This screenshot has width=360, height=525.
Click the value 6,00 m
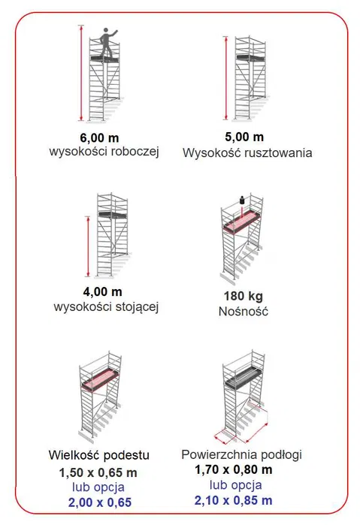[x=101, y=137]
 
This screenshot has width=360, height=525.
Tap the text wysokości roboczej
[x=101, y=152]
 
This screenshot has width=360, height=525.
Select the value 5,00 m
[x=245, y=137]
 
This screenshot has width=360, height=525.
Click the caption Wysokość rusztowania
[x=247, y=152]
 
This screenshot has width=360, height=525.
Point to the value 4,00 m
[x=101, y=292]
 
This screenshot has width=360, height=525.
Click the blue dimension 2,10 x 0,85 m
[x=234, y=500]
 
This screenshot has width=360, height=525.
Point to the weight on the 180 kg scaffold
[x=241, y=200]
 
